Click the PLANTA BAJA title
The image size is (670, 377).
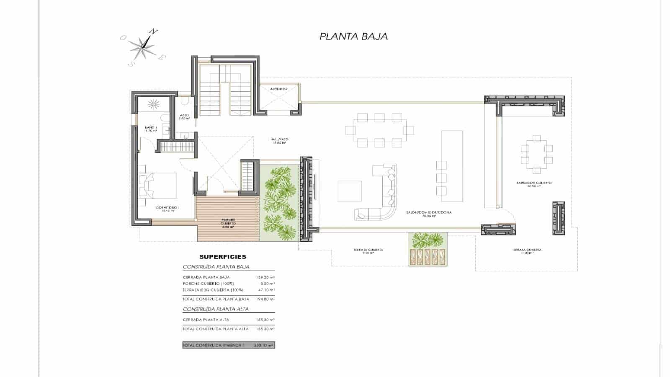tap(353, 36)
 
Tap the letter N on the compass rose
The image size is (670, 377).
tap(154, 31)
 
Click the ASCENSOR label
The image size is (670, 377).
tap(278, 89)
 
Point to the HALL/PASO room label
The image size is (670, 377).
tap(279, 141)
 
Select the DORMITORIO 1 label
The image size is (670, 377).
tap(167, 209)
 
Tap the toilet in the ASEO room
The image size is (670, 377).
tap(185, 102)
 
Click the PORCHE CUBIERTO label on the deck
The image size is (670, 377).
tap(228, 221)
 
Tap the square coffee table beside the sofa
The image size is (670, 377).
tap(350, 191)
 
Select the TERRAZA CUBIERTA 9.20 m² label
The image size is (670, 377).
tap(368, 251)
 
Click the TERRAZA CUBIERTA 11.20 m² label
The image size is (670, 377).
tap(526, 251)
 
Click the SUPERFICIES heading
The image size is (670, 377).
tap(223, 257)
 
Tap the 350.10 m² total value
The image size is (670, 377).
tap(264, 346)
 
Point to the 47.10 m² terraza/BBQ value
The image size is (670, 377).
tap(265, 290)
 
